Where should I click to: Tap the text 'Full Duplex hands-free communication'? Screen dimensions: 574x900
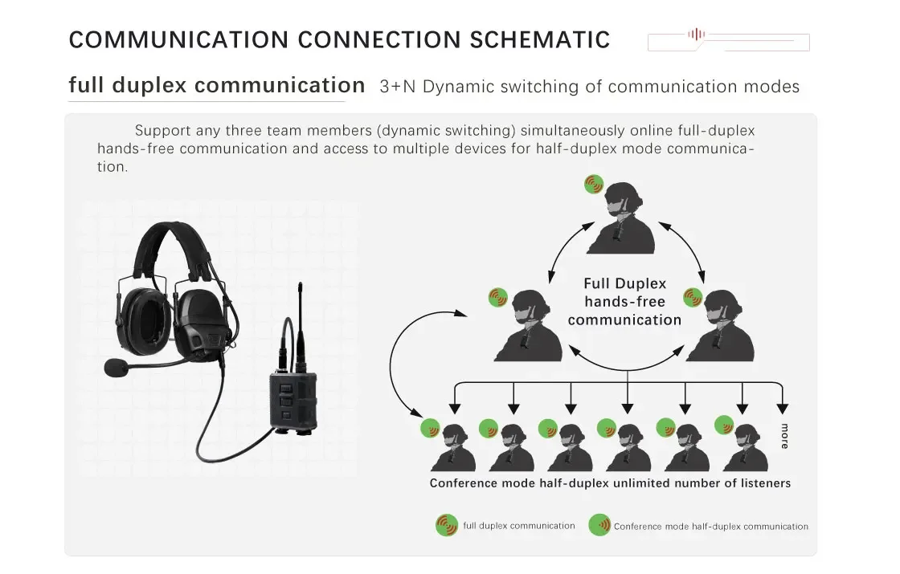click(x=624, y=302)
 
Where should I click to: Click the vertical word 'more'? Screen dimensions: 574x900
click(x=783, y=436)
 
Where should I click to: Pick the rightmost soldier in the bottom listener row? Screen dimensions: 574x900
click(x=746, y=447)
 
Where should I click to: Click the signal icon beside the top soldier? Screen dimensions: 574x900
click(x=594, y=184)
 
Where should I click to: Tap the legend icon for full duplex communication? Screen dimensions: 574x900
click(x=446, y=526)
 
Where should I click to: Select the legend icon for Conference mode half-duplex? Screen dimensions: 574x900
click(x=599, y=526)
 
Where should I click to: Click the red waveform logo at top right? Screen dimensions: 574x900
click(x=696, y=35)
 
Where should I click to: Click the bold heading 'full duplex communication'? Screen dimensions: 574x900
click(x=217, y=85)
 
